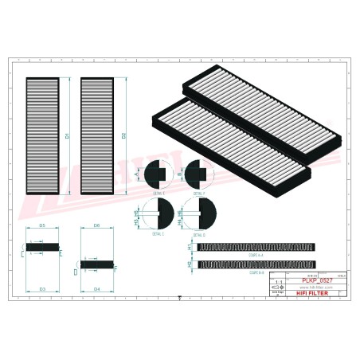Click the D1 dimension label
tap(67, 137)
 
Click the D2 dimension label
tap(124, 137)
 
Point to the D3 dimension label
tap(42, 288)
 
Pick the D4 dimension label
tap(96, 288)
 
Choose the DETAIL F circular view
tap(194, 173)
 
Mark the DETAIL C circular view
tap(156, 213)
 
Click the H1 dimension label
tap(190, 247)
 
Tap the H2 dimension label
tap(190, 263)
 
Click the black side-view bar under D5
tap(43, 247)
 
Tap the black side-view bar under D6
tap(96, 260)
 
